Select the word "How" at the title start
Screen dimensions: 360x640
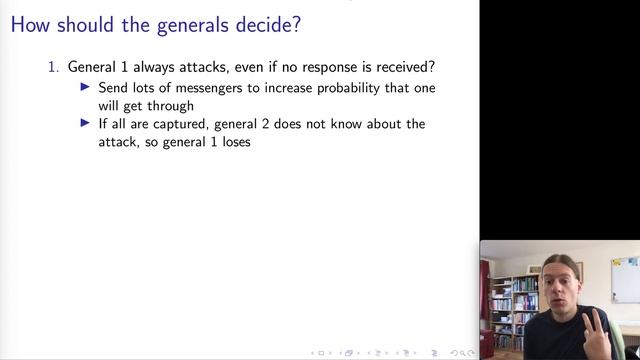[x=29, y=22]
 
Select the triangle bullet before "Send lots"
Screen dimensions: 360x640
[x=86, y=88]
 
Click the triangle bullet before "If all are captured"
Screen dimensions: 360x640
[x=86, y=124]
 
